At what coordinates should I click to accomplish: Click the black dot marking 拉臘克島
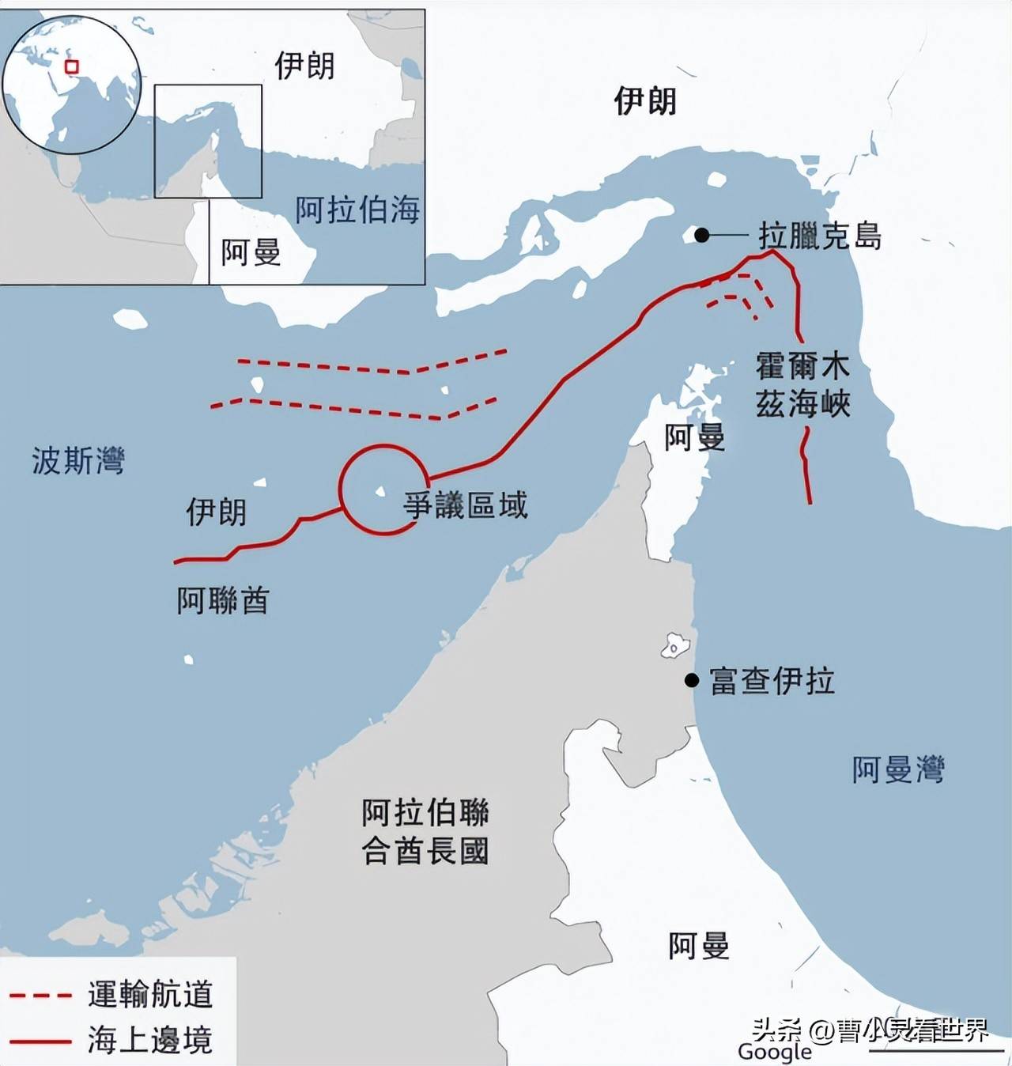(701, 235)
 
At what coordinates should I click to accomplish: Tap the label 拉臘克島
(820, 236)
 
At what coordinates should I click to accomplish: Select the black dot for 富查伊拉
(692, 680)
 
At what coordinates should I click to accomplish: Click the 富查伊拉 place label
(772, 681)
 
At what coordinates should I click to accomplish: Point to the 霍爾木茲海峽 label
(802, 385)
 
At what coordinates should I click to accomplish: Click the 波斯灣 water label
(78, 460)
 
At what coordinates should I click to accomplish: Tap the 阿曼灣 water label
(898, 769)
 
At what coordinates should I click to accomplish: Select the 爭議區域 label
(465, 505)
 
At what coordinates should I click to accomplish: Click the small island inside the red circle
(380, 492)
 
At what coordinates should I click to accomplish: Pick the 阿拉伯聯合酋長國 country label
(425, 832)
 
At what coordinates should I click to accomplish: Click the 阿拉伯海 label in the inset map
(357, 210)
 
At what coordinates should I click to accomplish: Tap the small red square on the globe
(72, 67)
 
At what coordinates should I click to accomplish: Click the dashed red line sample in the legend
(40, 995)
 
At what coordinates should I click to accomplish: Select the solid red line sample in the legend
(40, 1041)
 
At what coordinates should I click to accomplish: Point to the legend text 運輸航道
(150, 995)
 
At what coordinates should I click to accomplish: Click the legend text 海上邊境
(150, 1041)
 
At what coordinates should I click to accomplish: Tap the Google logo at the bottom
(774, 1052)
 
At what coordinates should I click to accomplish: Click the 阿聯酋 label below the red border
(223, 601)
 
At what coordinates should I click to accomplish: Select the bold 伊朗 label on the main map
(645, 101)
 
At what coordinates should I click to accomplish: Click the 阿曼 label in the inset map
(251, 252)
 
